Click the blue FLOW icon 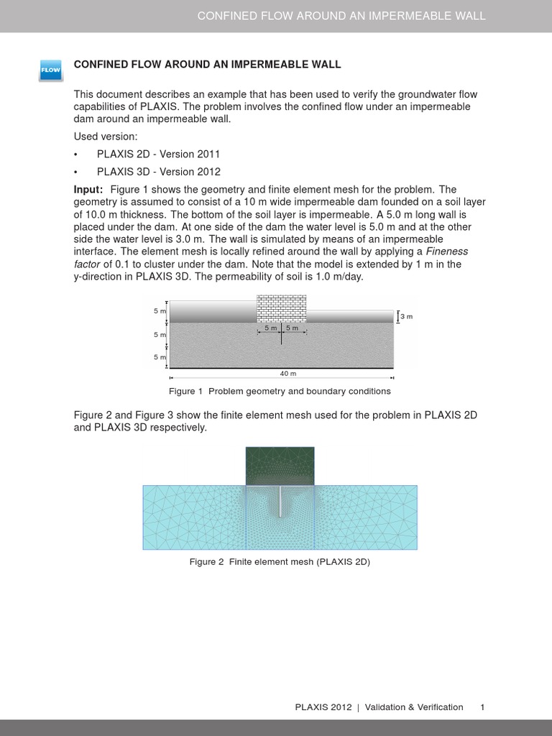point(50,70)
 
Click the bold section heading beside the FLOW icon point(207,65)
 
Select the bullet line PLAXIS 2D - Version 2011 point(158,155)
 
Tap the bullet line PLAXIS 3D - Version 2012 point(158,172)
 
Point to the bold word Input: point(88,189)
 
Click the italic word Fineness point(447,252)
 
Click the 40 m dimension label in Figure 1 point(287,374)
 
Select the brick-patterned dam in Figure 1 point(281,308)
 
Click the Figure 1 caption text point(280,392)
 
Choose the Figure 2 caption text point(280,562)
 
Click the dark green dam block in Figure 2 point(280,465)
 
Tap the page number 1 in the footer point(483,707)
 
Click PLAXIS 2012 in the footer point(323,707)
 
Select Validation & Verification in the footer point(414,707)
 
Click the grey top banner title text point(341,16)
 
